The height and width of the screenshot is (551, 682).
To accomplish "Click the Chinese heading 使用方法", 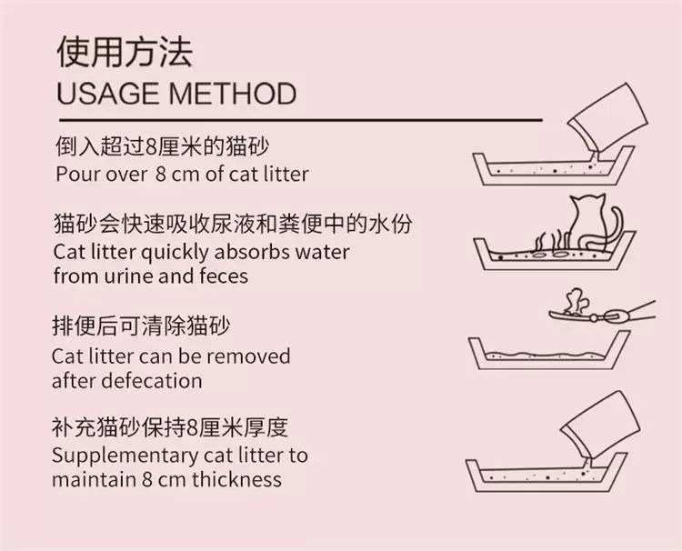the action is pyautogui.click(x=125, y=52).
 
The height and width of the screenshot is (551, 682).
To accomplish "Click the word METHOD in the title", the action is pyautogui.click(x=233, y=93).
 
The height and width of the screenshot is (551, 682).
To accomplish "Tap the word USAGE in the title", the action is pyautogui.click(x=108, y=93).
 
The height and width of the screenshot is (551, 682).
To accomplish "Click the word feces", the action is pyautogui.click(x=224, y=275).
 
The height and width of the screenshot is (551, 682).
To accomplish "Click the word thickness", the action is pyautogui.click(x=237, y=479).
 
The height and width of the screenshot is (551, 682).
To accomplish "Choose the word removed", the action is pyautogui.click(x=248, y=356).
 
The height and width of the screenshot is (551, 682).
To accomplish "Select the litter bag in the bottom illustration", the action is pyautogui.click(x=600, y=426).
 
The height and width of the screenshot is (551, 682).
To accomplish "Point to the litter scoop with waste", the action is pyautogui.click(x=602, y=309).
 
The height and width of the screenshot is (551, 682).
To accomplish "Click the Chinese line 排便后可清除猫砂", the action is pyautogui.click(x=141, y=326).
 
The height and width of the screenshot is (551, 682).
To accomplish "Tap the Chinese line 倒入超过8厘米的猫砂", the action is pyautogui.click(x=162, y=146).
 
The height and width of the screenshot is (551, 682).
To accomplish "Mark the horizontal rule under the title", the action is pyautogui.click(x=301, y=120).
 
